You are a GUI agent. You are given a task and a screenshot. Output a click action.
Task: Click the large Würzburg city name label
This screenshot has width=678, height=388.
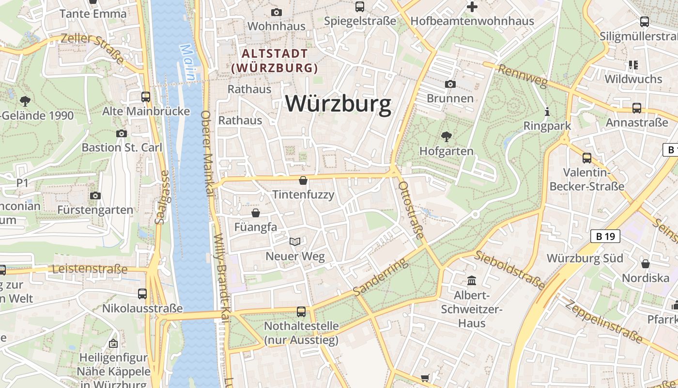click(338, 103)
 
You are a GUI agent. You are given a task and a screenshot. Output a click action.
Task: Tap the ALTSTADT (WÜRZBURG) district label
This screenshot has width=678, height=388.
click(275, 60)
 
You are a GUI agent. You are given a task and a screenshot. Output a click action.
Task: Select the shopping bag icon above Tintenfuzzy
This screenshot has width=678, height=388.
click(303, 181)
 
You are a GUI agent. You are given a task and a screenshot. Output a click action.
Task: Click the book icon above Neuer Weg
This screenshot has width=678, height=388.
click(295, 242)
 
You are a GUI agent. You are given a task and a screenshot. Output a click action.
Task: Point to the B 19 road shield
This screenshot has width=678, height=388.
click(605, 236)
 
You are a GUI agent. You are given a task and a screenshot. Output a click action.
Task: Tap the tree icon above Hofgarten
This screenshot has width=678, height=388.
click(446, 137)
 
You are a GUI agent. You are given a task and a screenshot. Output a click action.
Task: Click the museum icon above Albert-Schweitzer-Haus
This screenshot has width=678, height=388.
click(472, 280)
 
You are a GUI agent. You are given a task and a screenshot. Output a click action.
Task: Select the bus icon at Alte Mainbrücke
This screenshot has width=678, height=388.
click(145, 97)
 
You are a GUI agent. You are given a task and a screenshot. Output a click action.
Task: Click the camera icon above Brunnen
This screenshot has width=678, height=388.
click(450, 84)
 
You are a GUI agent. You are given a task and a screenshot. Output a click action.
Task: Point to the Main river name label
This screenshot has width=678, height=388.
click(189, 63)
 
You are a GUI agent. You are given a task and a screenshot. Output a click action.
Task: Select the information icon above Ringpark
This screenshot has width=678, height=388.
click(547, 112)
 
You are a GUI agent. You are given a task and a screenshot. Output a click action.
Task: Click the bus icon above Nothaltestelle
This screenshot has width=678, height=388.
click(301, 312)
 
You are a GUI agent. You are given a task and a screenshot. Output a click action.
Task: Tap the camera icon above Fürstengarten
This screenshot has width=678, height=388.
click(95, 195)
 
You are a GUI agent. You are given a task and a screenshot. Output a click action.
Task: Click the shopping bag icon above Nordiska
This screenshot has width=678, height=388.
click(646, 264)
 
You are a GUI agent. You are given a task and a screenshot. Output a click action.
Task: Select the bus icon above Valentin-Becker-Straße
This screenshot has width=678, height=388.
click(587, 158)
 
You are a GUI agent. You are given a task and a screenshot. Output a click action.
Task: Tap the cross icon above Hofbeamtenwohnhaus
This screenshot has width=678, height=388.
click(472, 7)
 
